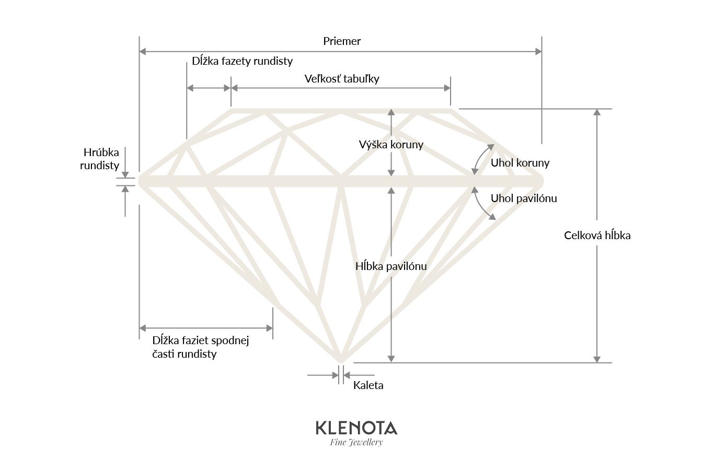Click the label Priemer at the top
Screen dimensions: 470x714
tap(342, 41)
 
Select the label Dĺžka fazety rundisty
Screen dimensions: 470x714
tap(242, 61)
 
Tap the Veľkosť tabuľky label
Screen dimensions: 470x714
tap(342, 79)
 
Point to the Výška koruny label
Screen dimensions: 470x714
tap(391, 145)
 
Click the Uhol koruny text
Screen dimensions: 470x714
tap(520, 163)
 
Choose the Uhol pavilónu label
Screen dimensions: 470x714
tap(524, 198)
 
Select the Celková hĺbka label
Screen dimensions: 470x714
tap(597, 236)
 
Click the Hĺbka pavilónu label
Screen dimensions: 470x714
tap(391, 266)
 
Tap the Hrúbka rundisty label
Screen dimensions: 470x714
tap(100, 159)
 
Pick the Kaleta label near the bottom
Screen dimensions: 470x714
tap(368, 385)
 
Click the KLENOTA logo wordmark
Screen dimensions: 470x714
tap(356, 428)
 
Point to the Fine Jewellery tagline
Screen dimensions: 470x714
tap(356, 442)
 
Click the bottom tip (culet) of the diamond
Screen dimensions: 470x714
tap(341, 360)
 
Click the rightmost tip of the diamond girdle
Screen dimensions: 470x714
tap(542, 181)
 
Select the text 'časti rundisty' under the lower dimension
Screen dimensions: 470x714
tap(185, 354)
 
